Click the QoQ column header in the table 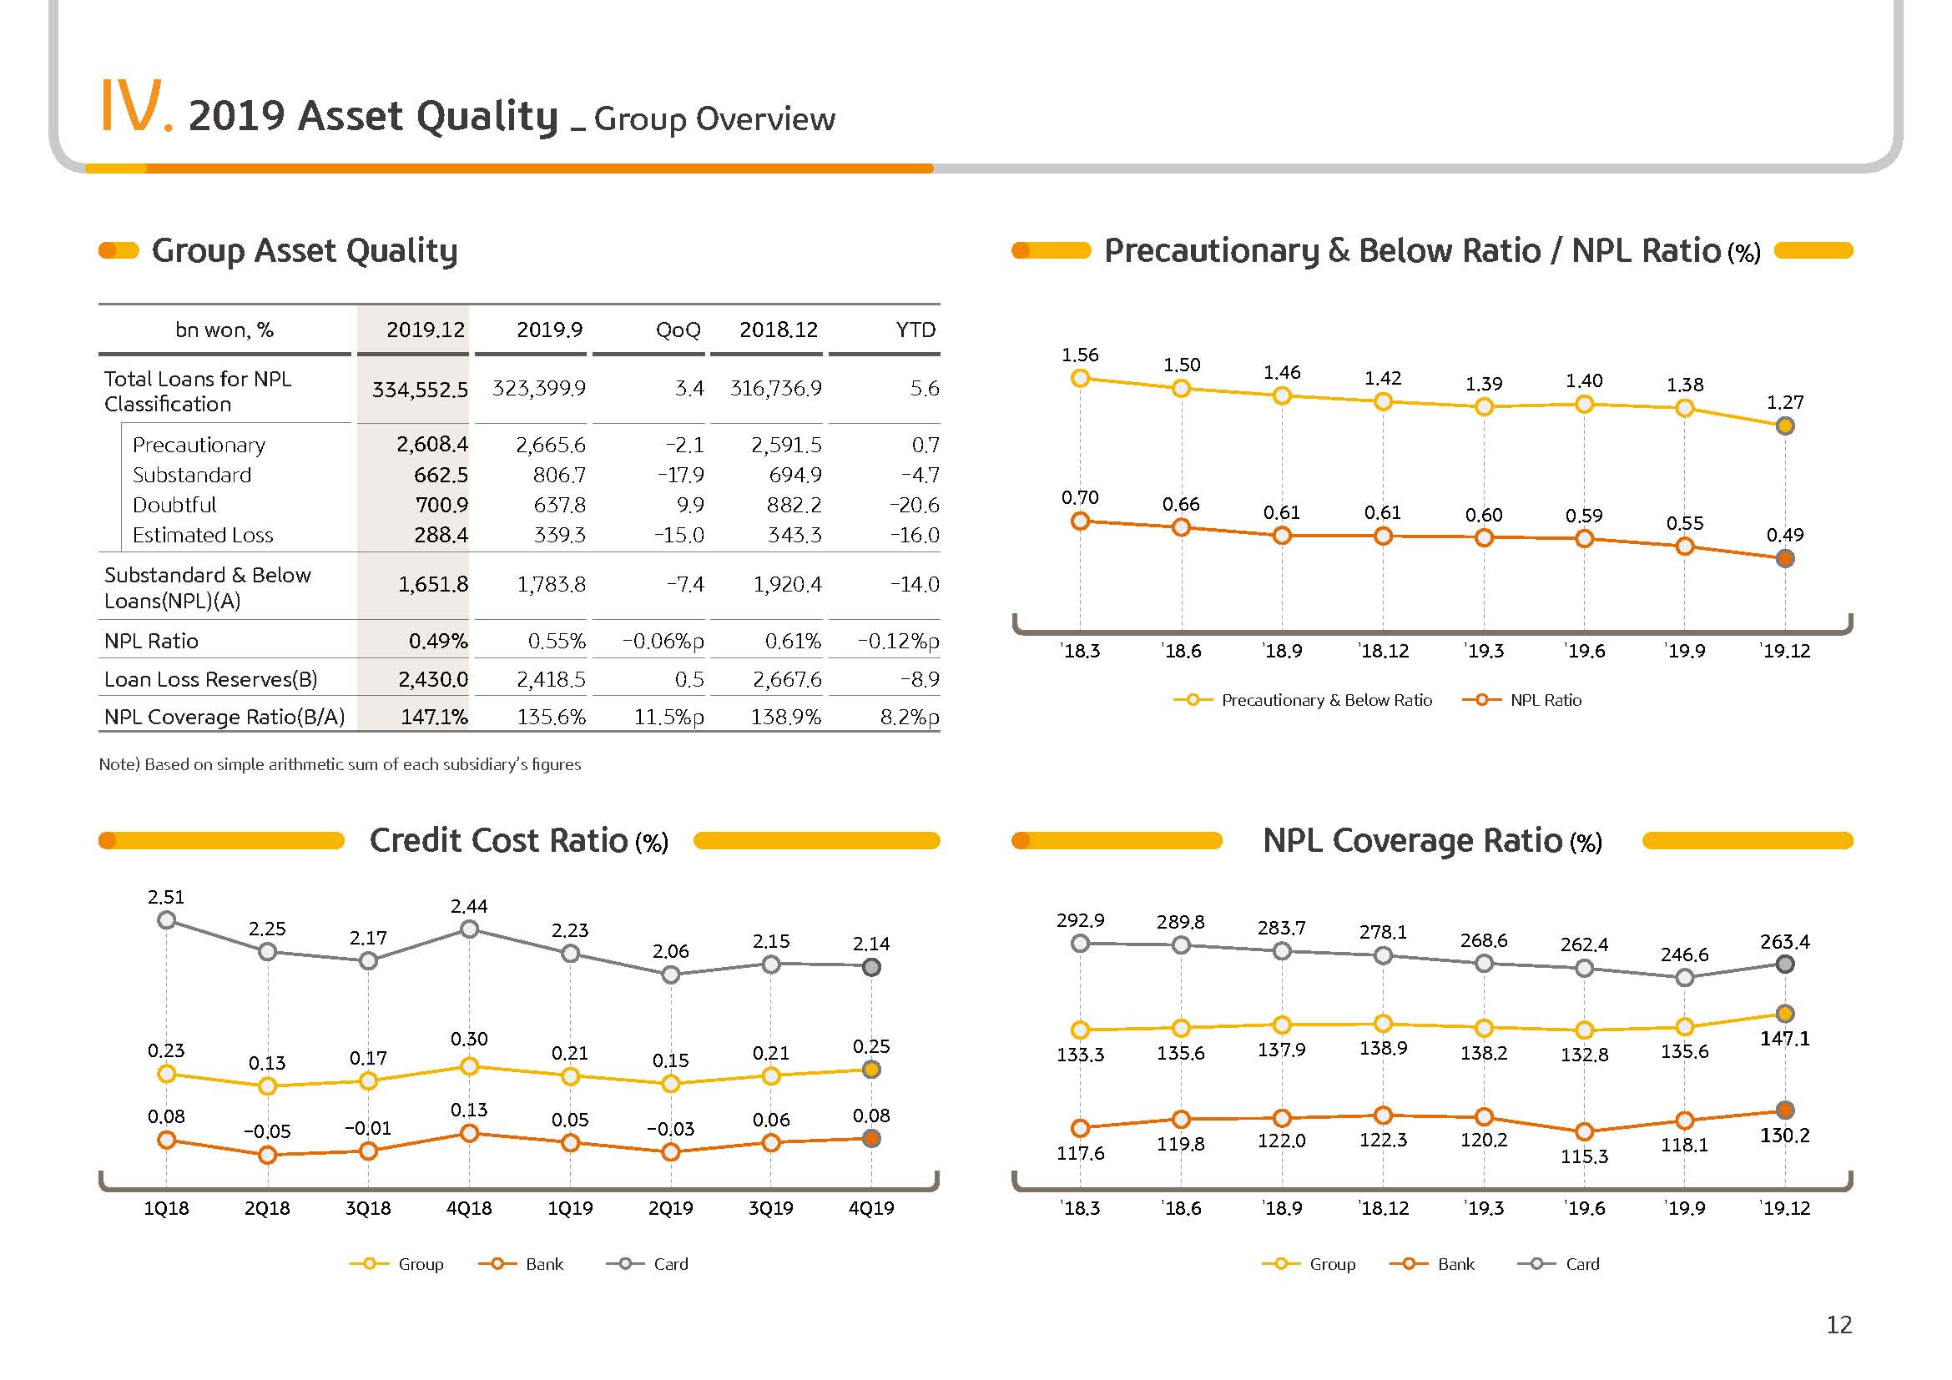[678, 330]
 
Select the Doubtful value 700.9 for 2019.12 [441, 505]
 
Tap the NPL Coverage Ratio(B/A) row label [224, 718]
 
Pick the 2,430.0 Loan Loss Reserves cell [433, 679]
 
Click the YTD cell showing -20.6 [914, 505]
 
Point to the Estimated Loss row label [202, 536]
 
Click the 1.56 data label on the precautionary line [1080, 355]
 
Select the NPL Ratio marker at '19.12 [1785, 558]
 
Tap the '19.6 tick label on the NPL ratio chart [1584, 651]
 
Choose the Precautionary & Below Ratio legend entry [1303, 700]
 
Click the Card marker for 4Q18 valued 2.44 [468, 929]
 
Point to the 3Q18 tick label [368, 1207]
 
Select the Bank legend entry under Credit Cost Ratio [520, 1263]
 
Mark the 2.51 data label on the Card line [166, 896]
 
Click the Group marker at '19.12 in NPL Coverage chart [1785, 1013]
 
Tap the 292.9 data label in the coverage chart [1080, 920]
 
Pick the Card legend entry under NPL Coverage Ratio [1558, 1263]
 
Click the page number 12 [1839, 1325]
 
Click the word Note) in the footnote [119, 764]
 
